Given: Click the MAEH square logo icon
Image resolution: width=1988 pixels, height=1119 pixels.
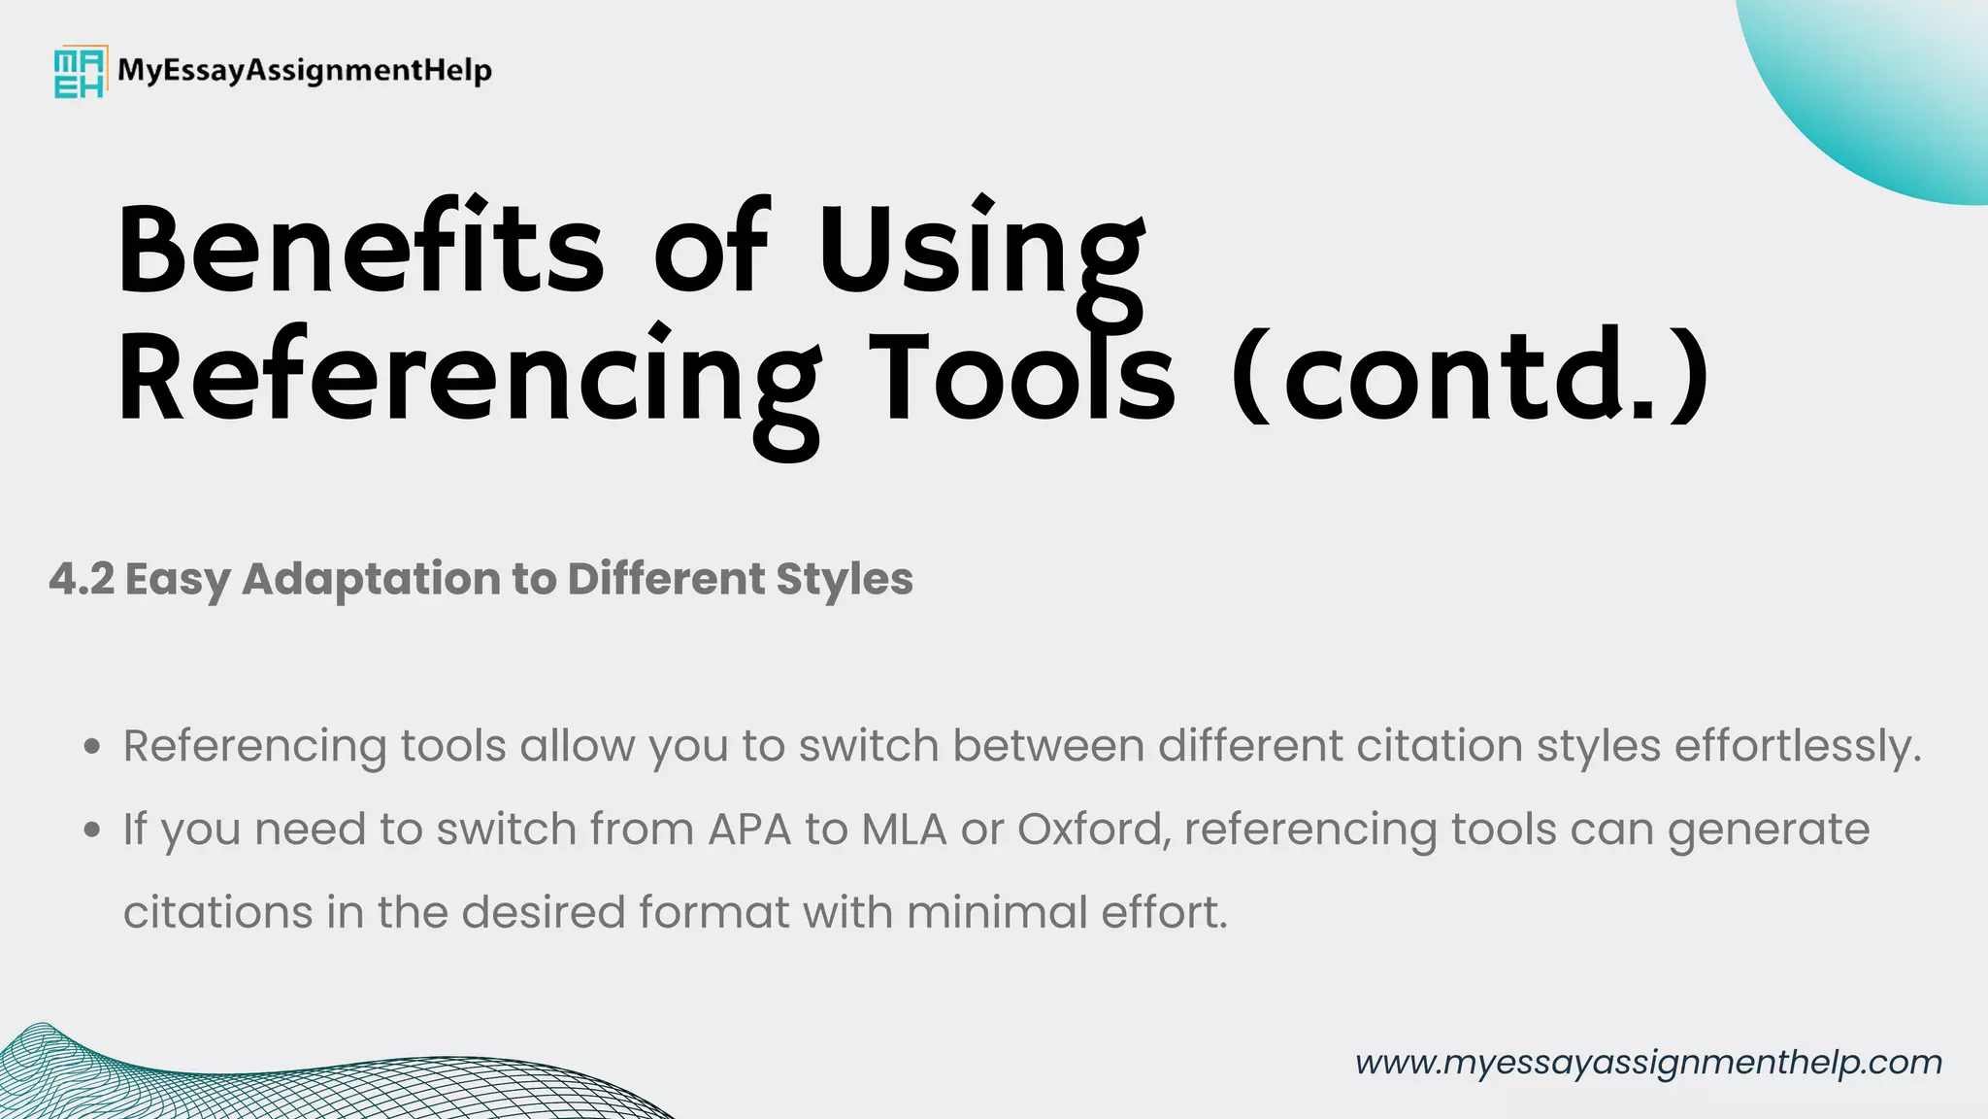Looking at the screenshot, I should pos(79,71).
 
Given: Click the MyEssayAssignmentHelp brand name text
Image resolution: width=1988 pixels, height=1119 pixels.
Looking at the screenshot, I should pos(305,71).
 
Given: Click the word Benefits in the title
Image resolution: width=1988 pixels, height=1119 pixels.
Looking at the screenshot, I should pos(361,250).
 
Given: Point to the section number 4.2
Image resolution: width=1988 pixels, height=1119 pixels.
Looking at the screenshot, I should pos(82,579).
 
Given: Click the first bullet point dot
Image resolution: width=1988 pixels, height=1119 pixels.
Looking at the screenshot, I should pos(92,747).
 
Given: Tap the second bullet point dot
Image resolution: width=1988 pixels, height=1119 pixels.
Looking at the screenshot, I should pos(92,831).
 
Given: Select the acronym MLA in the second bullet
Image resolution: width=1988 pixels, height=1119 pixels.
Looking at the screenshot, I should pos(904,831).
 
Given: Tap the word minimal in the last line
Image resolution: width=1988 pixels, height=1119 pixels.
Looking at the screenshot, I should pos(997,913).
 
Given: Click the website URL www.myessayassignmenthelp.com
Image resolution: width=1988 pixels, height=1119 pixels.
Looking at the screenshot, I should pos(1648,1063).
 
